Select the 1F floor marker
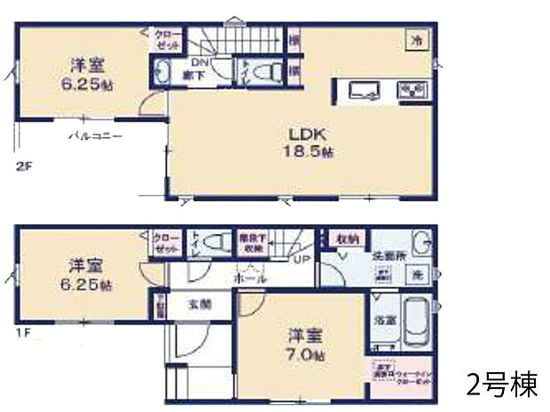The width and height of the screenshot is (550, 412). pos(21,334)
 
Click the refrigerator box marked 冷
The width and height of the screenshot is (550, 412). pos(414,40)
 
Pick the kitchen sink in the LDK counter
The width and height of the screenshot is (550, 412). pos(364,89)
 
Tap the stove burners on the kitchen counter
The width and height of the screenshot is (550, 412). pos(414,89)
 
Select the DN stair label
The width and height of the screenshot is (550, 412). pos(200,64)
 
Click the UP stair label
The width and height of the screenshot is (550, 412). pos(300,259)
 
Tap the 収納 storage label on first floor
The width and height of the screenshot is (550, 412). pos(347,239)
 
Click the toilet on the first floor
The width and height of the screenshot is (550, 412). pos(210,242)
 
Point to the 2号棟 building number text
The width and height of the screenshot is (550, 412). pos(501,386)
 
